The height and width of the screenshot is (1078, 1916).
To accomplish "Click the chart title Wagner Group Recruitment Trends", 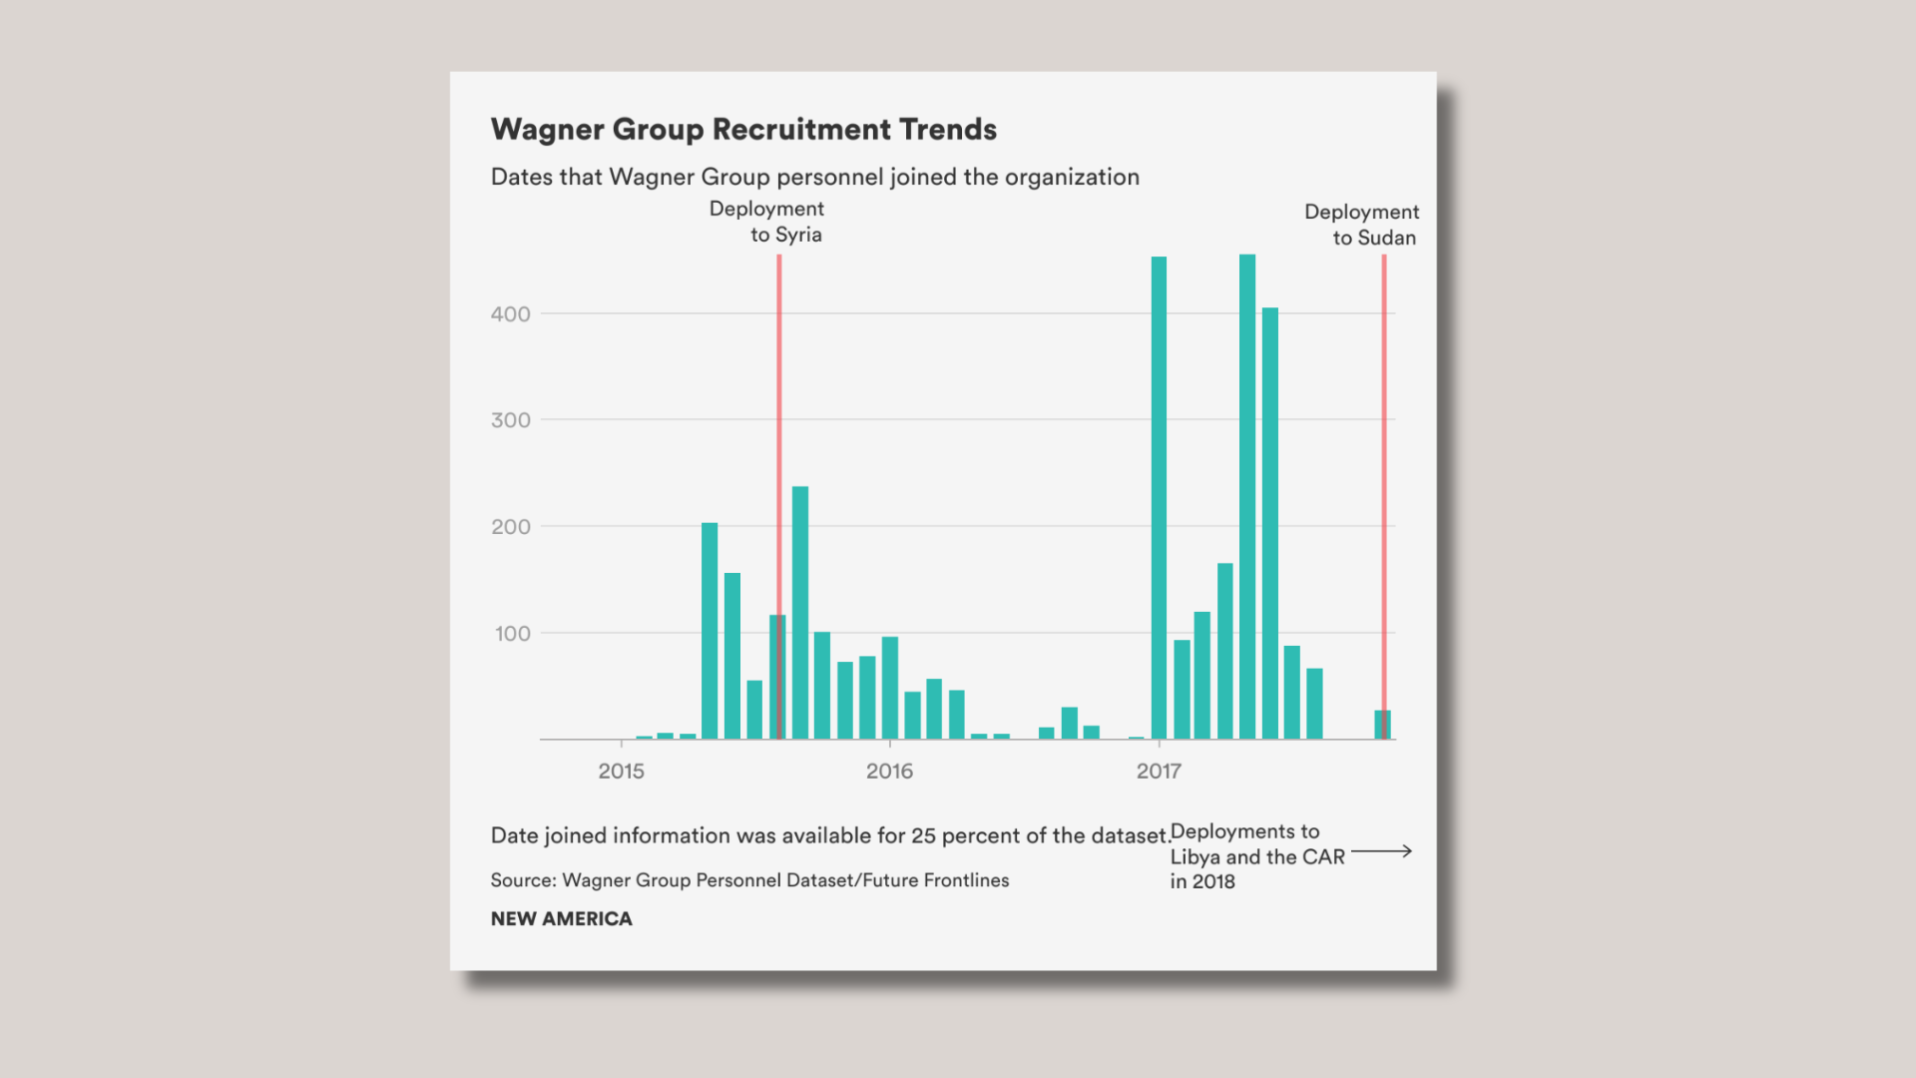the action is pyautogui.click(x=743, y=130).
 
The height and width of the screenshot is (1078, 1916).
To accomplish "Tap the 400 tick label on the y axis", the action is pyautogui.click(x=510, y=314).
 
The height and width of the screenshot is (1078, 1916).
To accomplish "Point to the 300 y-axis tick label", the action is pyautogui.click(x=510, y=420).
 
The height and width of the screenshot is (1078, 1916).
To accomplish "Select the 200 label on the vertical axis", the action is pyautogui.click(x=510, y=527).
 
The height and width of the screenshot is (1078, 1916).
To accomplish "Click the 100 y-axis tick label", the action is pyautogui.click(x=512, y=634).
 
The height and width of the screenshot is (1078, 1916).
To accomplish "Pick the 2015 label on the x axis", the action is pyautogui.click(x=621, y=772).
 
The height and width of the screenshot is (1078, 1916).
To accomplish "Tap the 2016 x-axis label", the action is pyautogui.click(x=889, y=772).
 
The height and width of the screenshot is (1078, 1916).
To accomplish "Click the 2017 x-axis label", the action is pyautogui.click(x=1159, y=772).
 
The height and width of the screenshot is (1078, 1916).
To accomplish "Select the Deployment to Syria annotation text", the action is pyautogui.click(x=766, y=222).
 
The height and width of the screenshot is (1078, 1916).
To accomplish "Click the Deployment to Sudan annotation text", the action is pyautogui.click(x=1361, y=225).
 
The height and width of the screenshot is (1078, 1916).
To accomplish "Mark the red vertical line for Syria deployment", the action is pyautogui.click(x=779, y=497).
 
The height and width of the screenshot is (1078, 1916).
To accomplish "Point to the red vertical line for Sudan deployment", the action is pyautogui.click(x=1384, y=497).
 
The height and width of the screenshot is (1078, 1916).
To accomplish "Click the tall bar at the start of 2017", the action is pyautogui.click(x=1159, y=498).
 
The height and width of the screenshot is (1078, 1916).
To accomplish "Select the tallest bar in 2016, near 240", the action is pyautogui.click(x=800, y=613).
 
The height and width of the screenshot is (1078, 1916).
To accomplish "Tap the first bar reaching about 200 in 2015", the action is pyautogui.click(x=710, y=631).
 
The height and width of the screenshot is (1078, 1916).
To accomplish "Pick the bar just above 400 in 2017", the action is pyautogui.click(x=1270, y=524).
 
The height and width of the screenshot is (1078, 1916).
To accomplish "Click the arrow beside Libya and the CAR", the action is pyautogui.click(x=1381, y=851).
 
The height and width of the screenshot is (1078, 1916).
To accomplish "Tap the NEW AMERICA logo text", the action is pyautogui.click(x=561, y=919).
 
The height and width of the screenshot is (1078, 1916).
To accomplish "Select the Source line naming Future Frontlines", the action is pyautogui.click(x=749, y=880).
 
